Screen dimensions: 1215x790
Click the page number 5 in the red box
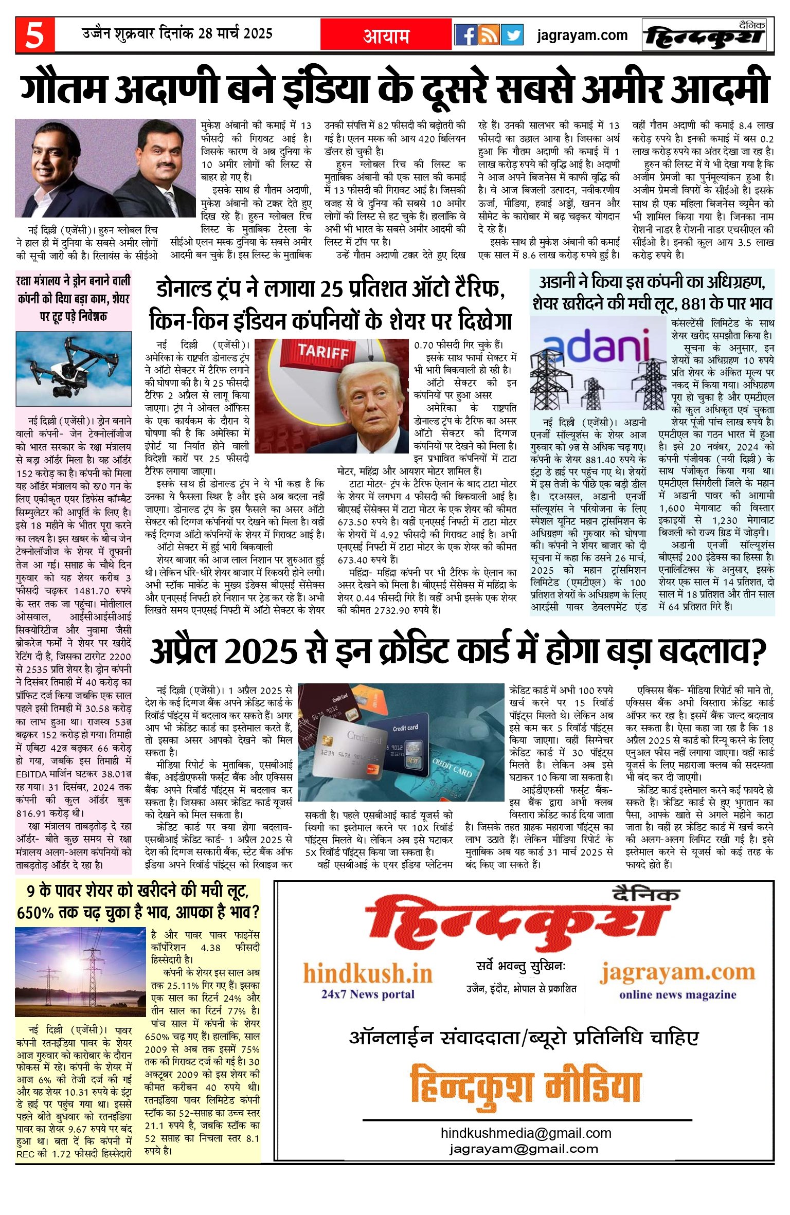(x=34, y=35)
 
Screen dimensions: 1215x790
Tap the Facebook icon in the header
(x=466, y=35)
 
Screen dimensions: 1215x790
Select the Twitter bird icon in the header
(x=512, y=35)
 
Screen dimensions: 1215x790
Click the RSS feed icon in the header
(x=489, y=35)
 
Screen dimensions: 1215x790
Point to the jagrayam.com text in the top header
(x=582, y=35)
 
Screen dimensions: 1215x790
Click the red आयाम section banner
(x=386, y=35)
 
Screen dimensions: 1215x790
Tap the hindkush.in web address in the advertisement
(x=368, y=973)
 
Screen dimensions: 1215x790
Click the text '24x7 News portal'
(x=368, y=994)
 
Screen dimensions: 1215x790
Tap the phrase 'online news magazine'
(x=677, y=994)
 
